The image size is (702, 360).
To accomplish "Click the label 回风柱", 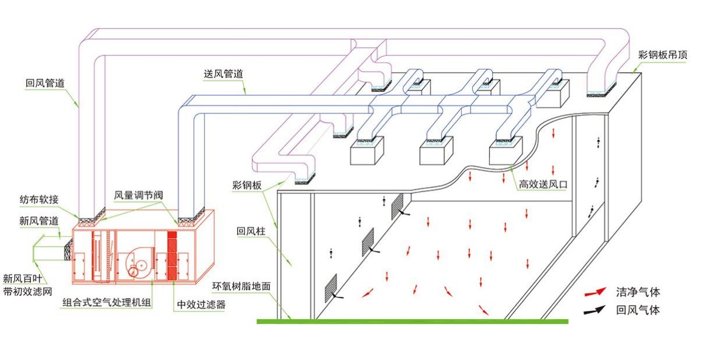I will (x=251, y=231).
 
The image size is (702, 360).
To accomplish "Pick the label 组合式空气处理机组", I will (x=108, y=304).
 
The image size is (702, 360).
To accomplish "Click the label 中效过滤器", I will (x=200, y=304).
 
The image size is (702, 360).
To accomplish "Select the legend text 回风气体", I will (x=638, y=310).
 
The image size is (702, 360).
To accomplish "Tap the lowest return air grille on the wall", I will (x=331, y=285).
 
